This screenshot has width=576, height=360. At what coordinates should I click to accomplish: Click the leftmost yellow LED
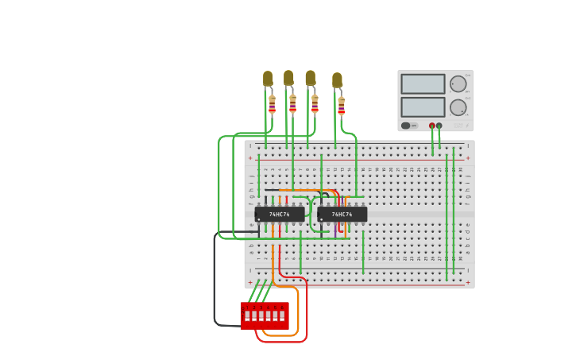(x=268, y=79)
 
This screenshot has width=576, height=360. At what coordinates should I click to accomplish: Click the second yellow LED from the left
(x=288, y=78)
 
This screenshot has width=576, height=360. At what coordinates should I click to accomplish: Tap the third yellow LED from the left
(x=310, y=78)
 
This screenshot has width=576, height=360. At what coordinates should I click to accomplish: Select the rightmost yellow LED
(x=337, y=80)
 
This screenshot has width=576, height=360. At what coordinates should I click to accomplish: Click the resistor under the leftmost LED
(x=272, y=104)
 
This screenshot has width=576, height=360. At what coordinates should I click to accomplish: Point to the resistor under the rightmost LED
(x=341, y=106)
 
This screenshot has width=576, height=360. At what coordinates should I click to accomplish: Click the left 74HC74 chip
(x=279, y=214)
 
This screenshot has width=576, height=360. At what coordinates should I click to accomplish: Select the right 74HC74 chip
(x=342, y=214)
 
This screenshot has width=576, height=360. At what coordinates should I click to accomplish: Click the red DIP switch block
(x=265, y=315)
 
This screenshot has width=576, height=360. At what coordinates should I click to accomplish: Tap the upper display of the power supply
(x=423, y=83)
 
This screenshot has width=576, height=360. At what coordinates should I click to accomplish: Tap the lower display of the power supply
(x=423, y=106)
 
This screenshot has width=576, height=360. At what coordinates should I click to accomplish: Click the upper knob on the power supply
(x=458, y=83)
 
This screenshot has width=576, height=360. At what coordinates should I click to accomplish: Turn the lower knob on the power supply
(x=458, y=107)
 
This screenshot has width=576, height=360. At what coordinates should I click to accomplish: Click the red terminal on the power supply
(x=432, y=126)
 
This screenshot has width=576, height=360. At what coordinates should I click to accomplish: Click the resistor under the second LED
(x=292, y=103)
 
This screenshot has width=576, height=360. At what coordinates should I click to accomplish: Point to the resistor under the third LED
(x=315, y=103)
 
